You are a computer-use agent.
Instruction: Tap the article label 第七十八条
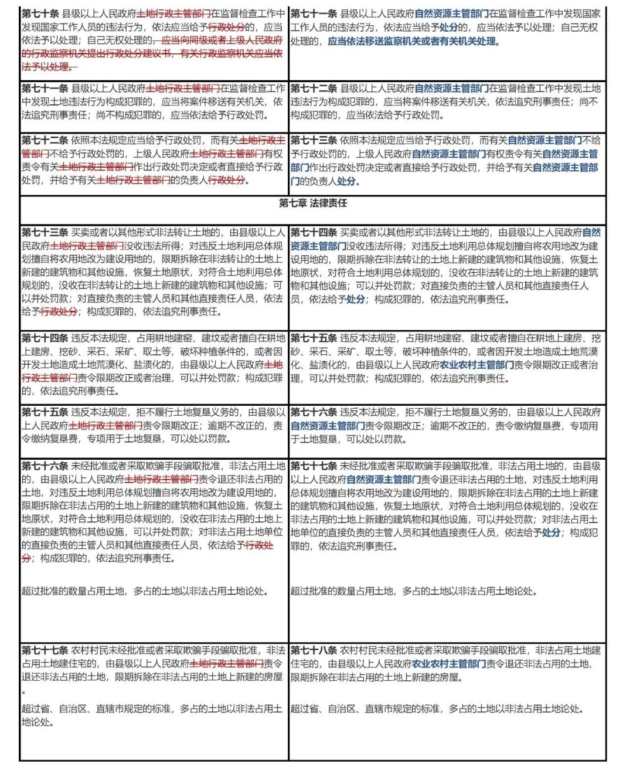(x=314, y=650)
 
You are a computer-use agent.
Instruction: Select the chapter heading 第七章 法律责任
(x=313, y=203)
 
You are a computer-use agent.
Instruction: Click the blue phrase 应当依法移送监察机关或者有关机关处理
(x=413, y=41)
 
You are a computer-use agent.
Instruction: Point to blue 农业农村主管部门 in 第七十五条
(x=477, y=365)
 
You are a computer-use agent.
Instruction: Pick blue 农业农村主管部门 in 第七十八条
(x=449, y=664)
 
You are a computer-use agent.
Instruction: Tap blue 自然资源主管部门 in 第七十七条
(x=384, y=480)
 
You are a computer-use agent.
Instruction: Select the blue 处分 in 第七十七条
(x=551, y=532)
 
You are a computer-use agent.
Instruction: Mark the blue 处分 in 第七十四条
(x=356, y=299)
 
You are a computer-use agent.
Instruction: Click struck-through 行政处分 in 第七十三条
(x=59, y=312)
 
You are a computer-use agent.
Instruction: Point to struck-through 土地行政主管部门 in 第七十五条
(x=106, y=426)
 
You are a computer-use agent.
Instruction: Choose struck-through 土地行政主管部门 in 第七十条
(x=174, y=13)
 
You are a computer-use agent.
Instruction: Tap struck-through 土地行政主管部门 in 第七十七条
(x=227, y=664)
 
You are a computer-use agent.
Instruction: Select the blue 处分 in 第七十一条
(x=449, y=28)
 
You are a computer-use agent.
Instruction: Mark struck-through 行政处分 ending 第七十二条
(x=227, y=181)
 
